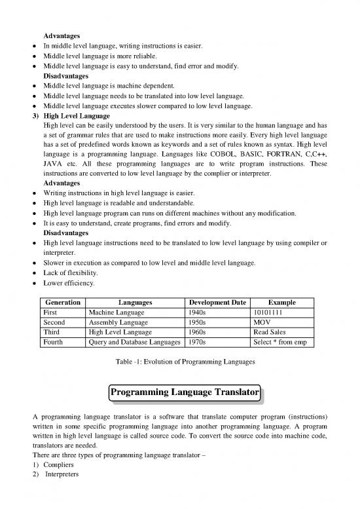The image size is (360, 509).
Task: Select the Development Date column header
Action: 217,303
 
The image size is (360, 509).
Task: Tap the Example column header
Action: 281,303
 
